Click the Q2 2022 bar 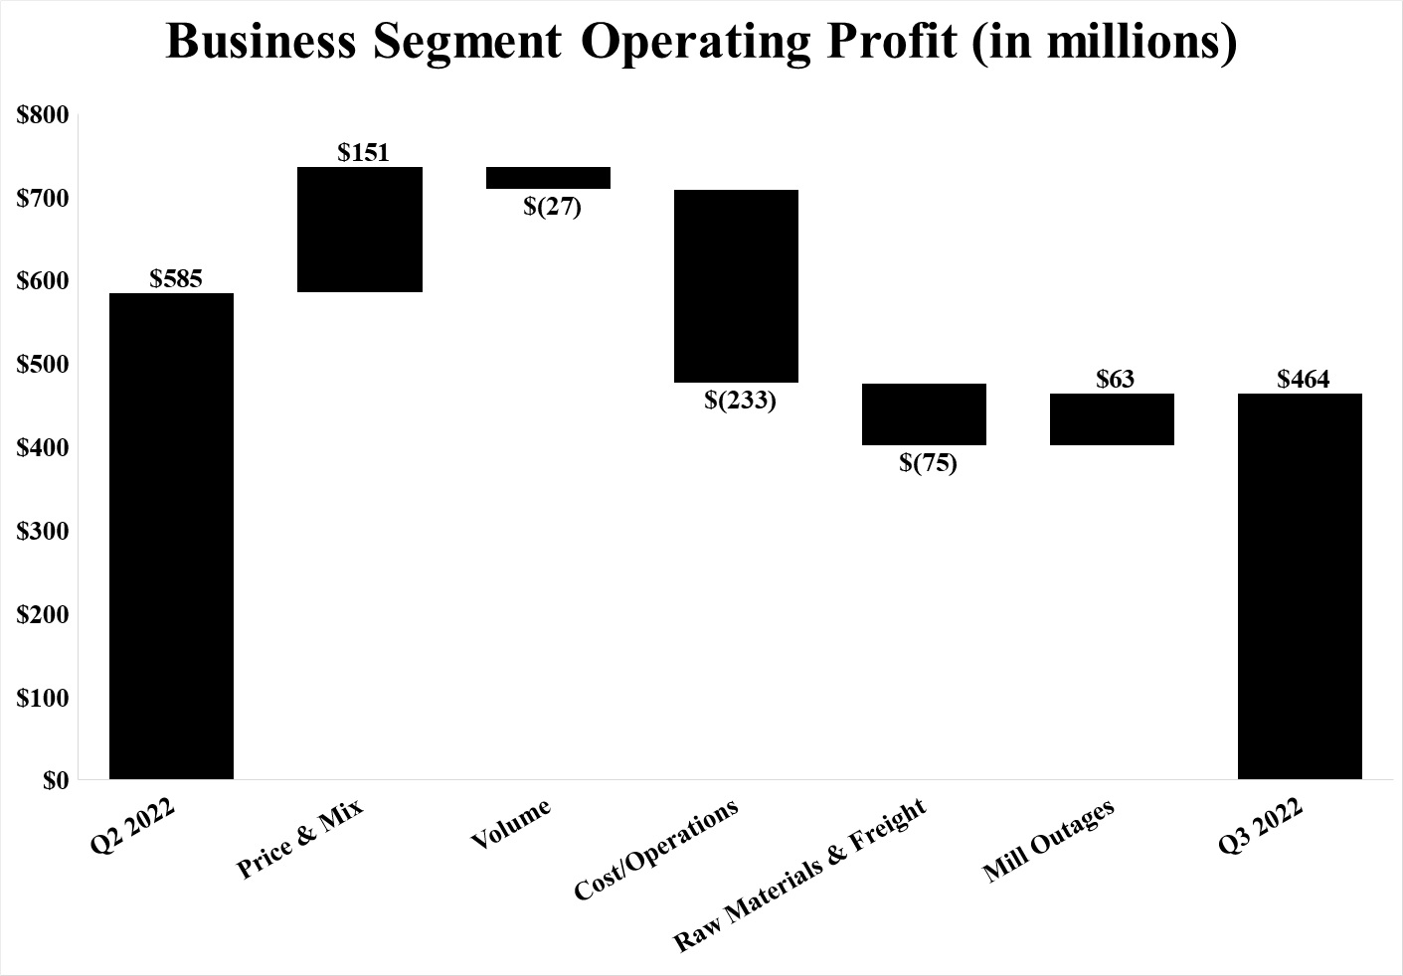point(171,536)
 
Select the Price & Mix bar point(360,230)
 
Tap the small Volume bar point(548,178)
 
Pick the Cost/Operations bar point(736,286)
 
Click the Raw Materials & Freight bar point(924,414)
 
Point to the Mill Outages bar point(1112,419)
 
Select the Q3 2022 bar point(1300,586)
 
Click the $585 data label point(176,279)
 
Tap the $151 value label point(363,153)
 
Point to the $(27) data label point(552,208)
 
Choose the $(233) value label point(740,402)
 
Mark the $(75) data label point(928,463)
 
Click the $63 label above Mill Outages point(1115,380)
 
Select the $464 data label point(1303,380)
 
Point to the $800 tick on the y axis point(44,115)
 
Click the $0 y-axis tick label point(56,780)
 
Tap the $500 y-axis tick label point(44,365)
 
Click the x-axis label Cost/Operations point(657,850)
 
